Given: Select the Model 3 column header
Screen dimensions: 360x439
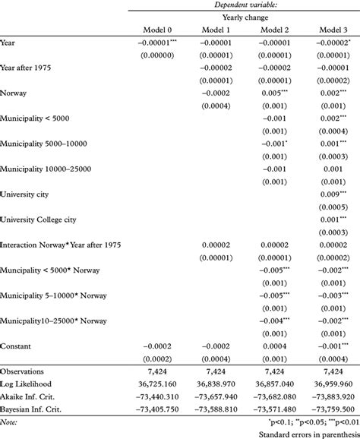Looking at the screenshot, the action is pos(329,30).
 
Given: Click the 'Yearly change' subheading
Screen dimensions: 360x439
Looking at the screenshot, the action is pos(243,17).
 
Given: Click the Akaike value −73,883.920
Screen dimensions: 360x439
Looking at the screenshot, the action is pos(326,397).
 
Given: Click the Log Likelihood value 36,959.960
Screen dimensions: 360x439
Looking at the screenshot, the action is pos(327,384).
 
